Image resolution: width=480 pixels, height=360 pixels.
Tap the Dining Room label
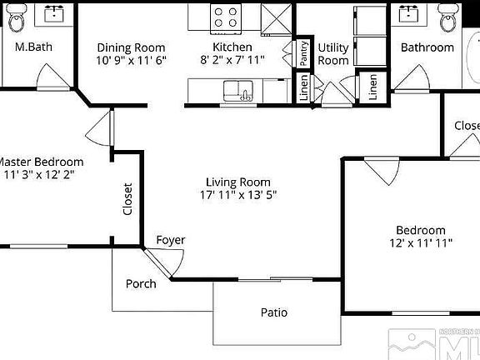pyautogui.click(x=131, y=47)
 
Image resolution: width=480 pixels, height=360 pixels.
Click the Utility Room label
pyautogui.click(x=333, y=54)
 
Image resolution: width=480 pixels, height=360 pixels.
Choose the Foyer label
pyautogui.click(x=170, y=240)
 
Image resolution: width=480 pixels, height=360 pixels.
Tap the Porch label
pyautogui.click(x=141, y=283)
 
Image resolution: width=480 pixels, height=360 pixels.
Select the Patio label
pyautogui.click(x=273, y=313)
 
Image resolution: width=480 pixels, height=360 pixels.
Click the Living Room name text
pyautogui.click(x=239, y=182)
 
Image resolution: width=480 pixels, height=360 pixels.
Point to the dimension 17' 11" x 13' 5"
pyautogui.click(x=239, y=195)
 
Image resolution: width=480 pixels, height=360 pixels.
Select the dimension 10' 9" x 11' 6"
pyautogui.click(x=131, y=61)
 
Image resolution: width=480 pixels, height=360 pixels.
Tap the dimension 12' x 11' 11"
pyautogui.click(x=420, y=243)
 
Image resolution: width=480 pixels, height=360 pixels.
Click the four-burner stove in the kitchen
pyautogui.click(x=225, y=17)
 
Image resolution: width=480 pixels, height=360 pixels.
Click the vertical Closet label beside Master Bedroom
pyautogui.click(x=127, y=199)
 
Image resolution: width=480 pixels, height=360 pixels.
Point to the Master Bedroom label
pyautogui.click(x=41, y=162)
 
